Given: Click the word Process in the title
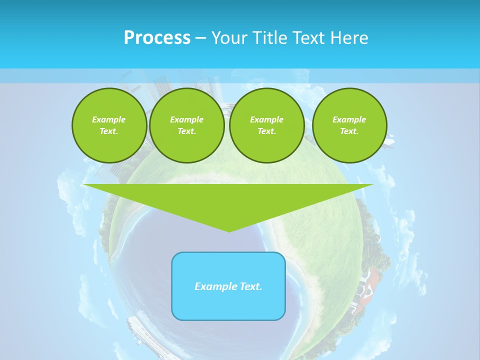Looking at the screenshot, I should pos(157,38).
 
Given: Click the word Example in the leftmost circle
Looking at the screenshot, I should pos(109,119).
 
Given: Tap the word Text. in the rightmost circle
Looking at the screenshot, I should pos(349,131).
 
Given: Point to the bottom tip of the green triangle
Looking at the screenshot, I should pos(229,231).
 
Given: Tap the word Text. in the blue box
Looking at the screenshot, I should pos(251,286).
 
